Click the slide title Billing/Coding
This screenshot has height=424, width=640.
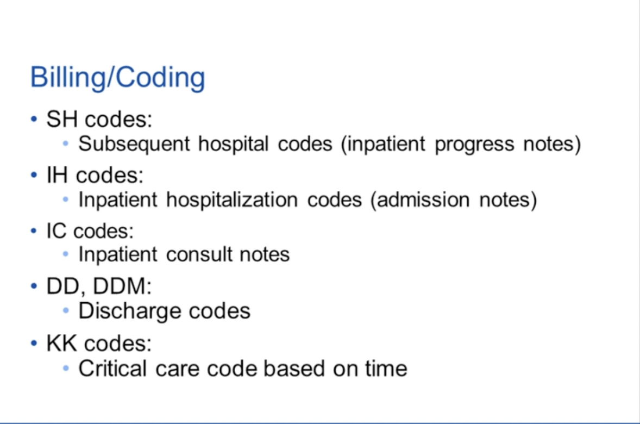117,78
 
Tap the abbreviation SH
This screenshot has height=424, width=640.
62,119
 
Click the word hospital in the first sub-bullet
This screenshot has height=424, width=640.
234,144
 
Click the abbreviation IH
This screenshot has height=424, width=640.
57,175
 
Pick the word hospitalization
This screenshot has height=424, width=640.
232,200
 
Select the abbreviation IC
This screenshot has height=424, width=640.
57,231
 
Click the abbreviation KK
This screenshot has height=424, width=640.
61,342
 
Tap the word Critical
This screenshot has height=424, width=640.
112,369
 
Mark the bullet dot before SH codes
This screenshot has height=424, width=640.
34,119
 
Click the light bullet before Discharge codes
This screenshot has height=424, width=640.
66,311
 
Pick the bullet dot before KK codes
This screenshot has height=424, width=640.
34,343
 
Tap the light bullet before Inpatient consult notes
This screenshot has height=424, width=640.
66,254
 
